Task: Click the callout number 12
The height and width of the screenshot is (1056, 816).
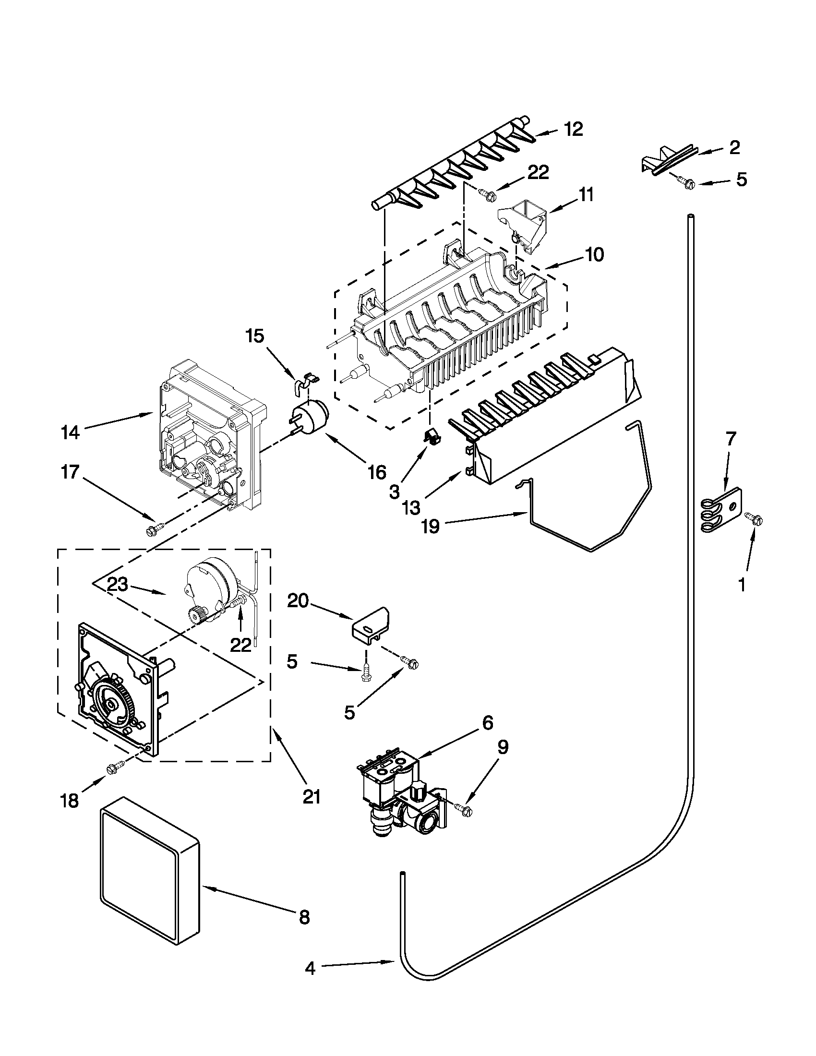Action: [573, 130]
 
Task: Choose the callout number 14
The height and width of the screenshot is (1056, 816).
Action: [71, 432]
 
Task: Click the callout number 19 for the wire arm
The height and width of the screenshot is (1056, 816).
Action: [430, 526]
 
